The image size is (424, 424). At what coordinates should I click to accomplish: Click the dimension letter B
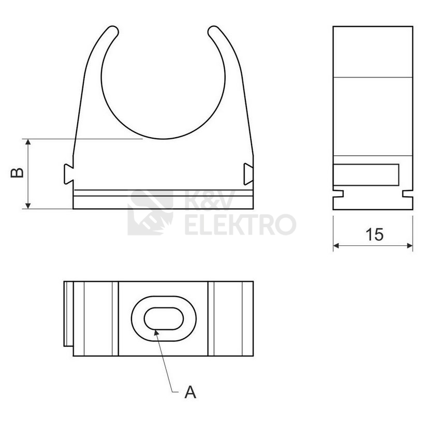(x=17, y=173)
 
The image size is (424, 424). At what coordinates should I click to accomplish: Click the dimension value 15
(x=374, y=234)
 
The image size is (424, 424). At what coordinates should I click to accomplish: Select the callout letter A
(x=191, y=392)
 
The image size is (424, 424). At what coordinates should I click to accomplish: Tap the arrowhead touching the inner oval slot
(x=156, y=332)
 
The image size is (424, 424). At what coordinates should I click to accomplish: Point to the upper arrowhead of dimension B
(x=28, y=142)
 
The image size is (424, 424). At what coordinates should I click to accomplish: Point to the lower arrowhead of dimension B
(x=28, y=206)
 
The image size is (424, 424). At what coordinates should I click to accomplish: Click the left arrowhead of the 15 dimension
(x=337, y=245)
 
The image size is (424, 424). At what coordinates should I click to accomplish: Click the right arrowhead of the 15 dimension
(x=410, y=245)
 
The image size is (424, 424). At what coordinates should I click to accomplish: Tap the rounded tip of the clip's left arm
(x=112, y=31)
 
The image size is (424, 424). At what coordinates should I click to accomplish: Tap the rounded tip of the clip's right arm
(x=214, y=31)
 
